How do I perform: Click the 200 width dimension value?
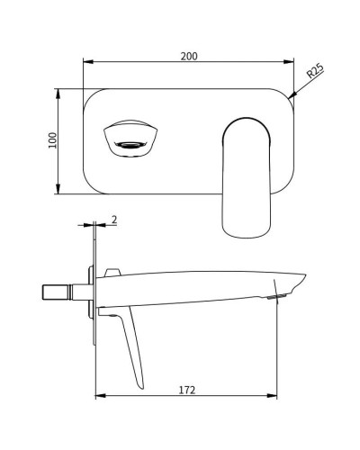pos(188,55)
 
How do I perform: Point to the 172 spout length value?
pos(187,390)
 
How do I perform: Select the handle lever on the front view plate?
pos(247,175)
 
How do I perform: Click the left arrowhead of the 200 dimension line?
pos(86,62)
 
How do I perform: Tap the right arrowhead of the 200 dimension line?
pos(290,62)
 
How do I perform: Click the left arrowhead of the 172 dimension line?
pos(99,397)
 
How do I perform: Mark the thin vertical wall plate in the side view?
pos(94,288)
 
